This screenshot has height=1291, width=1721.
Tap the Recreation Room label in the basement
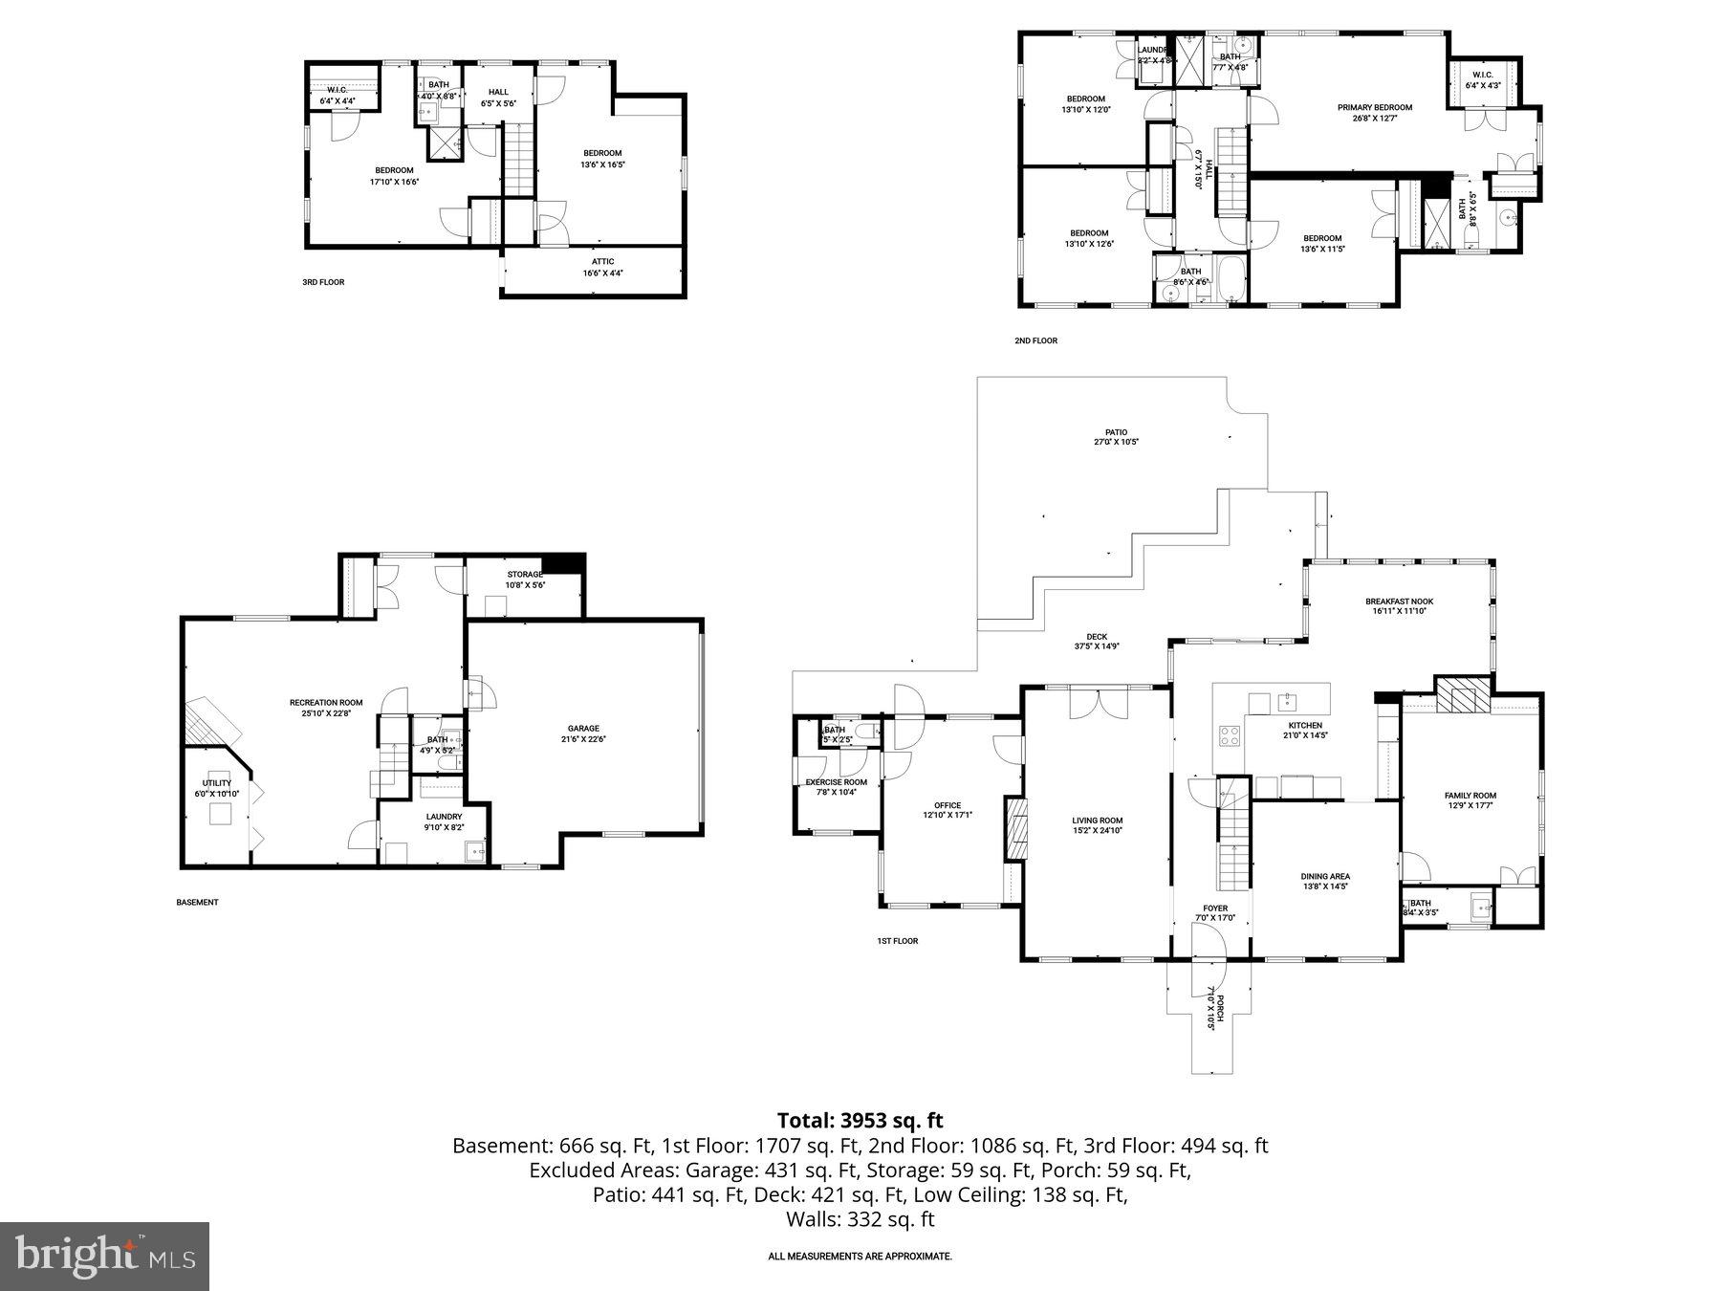coord(326,703)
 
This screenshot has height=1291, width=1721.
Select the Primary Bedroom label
coord(1374,107)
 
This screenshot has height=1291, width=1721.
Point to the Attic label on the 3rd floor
coord(602,261)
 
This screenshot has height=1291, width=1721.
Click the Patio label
coord(1116,432)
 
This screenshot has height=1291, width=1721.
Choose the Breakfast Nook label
coord(1399,602)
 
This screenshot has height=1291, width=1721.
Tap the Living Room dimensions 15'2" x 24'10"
coord(1097,831)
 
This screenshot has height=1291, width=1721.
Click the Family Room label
coord(1470,796)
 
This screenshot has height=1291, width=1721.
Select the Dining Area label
coord(1324,876)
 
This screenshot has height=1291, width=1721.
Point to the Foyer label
coord(1214,908)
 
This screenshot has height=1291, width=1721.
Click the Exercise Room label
coord(836,782)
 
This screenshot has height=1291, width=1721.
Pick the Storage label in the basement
coord(525,575)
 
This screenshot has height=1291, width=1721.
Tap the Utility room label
coord(216,783)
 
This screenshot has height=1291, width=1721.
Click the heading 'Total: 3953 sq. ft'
coord(860,1120)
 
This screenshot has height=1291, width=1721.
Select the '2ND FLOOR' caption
coord(1035,340)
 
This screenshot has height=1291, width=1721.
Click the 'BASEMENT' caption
coord(197,902)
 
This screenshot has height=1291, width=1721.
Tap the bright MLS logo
coord(104,1256)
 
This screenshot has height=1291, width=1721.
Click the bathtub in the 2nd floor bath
coord(1231,278)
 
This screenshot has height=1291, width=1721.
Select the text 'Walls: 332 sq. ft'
coord(860,1219)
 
